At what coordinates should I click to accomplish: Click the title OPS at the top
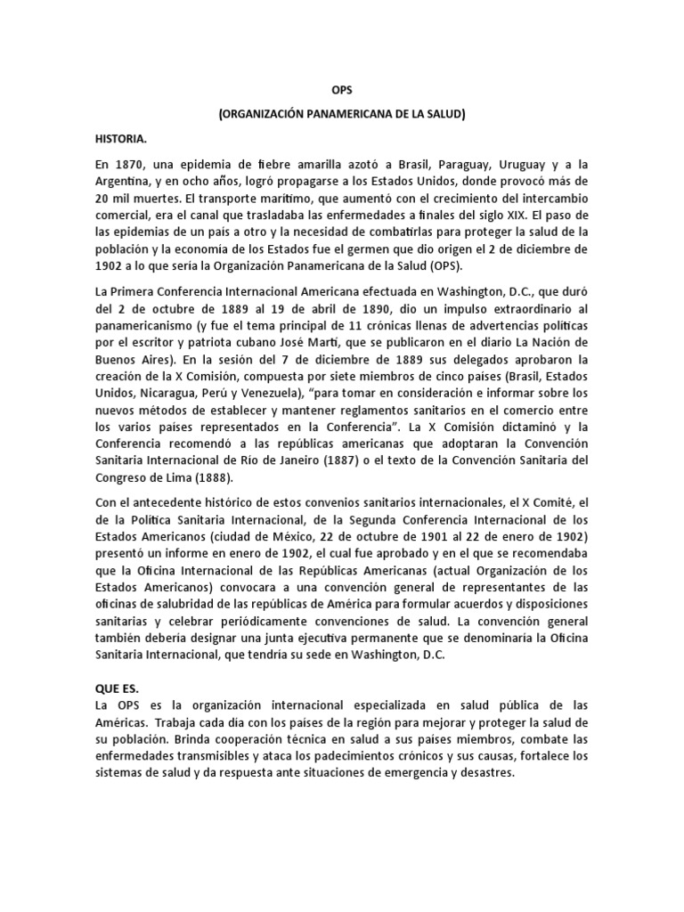[x=342, y=90]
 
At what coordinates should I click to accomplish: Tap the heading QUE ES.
[x=118, y=688]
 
